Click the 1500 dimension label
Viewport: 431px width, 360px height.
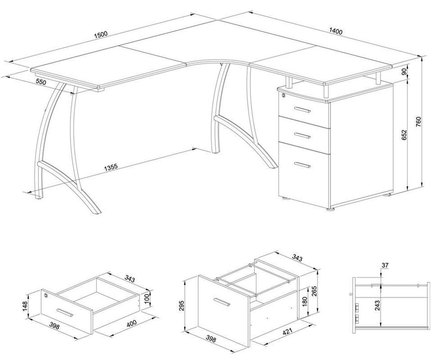point(100,34)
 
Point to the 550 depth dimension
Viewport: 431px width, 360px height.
point(41,81)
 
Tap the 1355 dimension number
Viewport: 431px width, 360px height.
point(111,168)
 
